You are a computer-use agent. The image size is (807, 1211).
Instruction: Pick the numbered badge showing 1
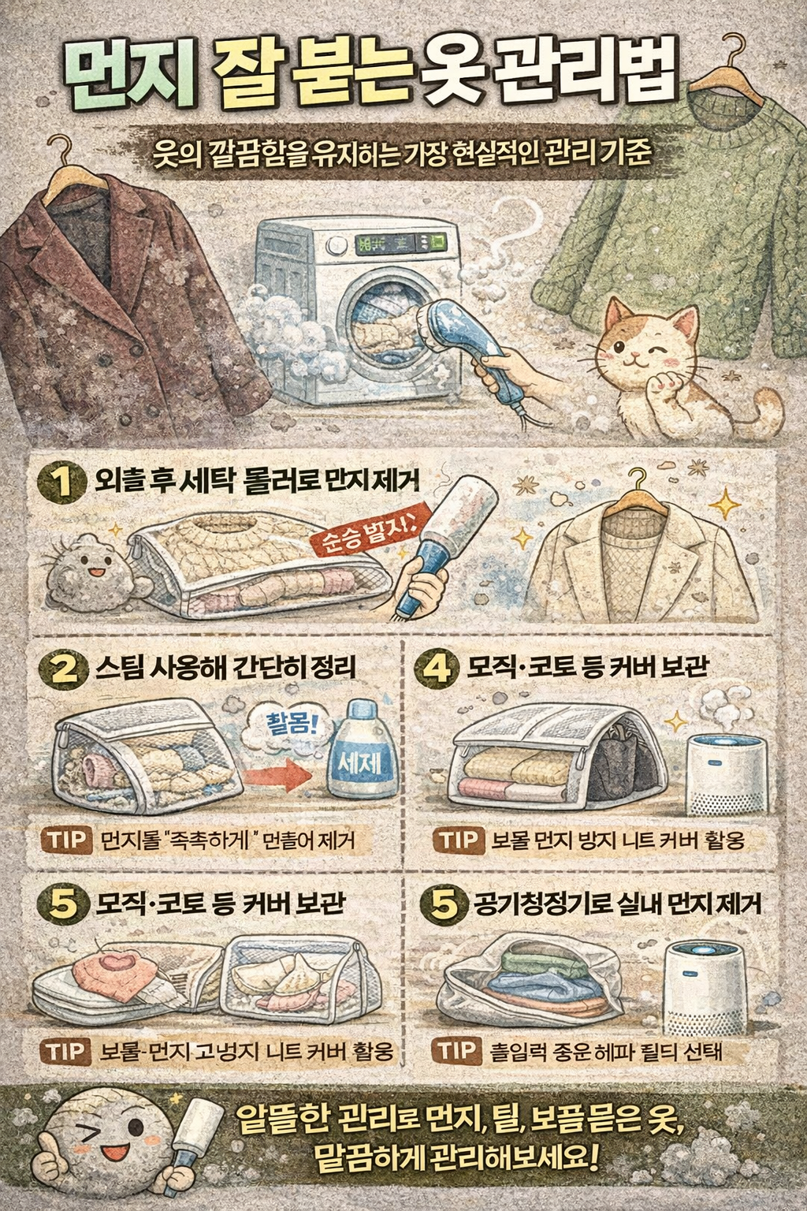(x=61, y=481)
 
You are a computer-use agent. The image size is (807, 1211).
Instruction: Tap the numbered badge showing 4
(x=437, y=669)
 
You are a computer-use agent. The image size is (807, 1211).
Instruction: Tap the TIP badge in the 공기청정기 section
(x=456, y=1051)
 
